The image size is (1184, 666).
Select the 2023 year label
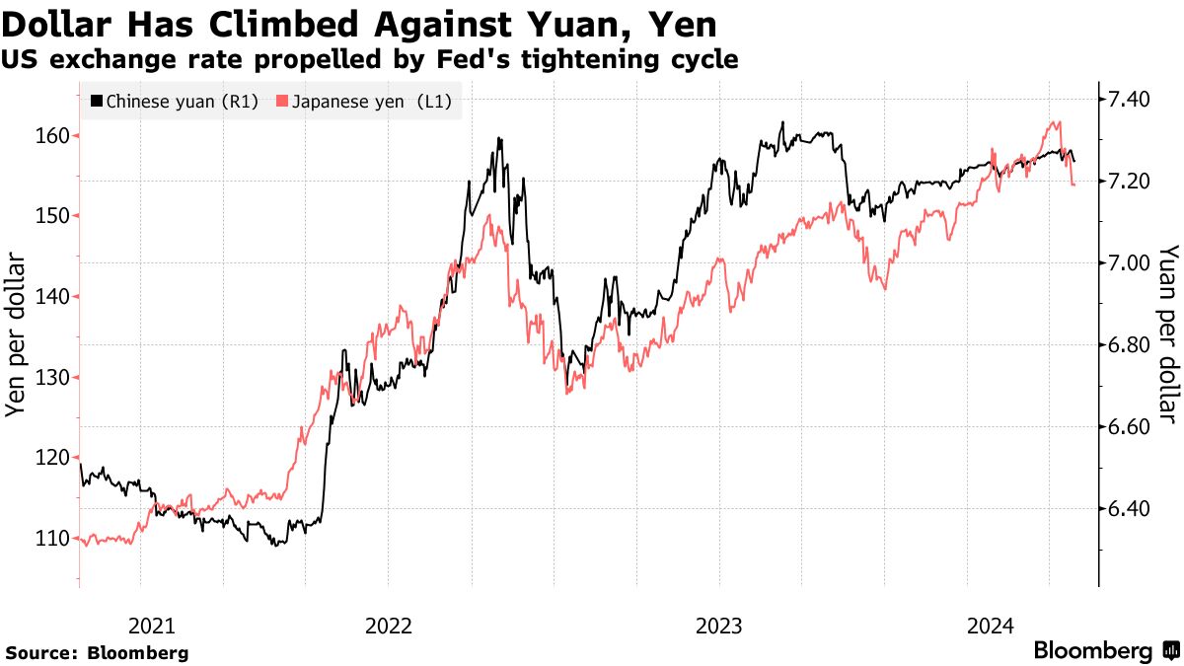click(719, 626)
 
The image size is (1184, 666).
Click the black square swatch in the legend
click(96, 102)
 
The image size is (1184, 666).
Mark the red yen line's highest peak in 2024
click(1057, 122)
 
